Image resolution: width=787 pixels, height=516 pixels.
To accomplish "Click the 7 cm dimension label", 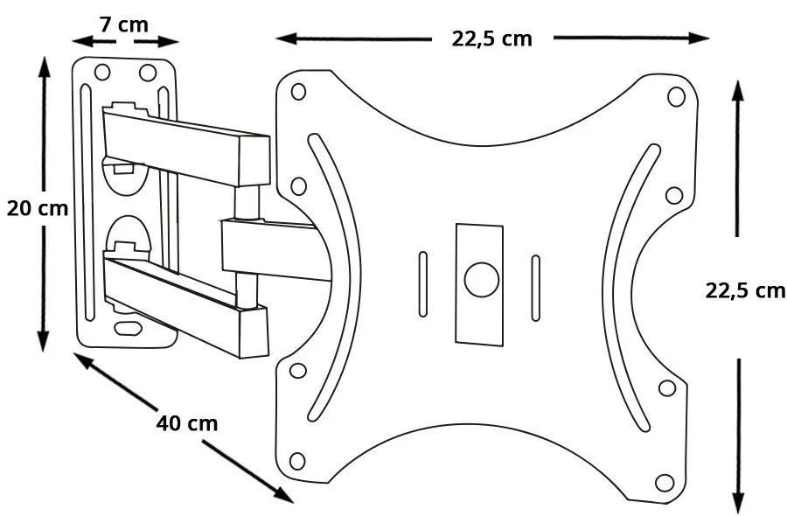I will (123, 24).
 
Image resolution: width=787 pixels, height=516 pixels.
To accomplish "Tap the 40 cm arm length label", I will (186, 423).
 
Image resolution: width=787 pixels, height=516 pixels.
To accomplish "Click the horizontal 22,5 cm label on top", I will (491, 38).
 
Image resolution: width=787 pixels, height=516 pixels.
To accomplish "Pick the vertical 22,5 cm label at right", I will (745, 291).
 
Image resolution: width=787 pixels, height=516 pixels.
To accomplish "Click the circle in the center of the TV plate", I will (480, 279).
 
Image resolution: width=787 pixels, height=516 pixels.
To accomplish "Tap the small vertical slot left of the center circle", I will (423, 284).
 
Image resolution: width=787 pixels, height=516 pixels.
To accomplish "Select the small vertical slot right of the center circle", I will (536, 284).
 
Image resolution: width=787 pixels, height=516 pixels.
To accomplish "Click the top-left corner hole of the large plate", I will (298, 91).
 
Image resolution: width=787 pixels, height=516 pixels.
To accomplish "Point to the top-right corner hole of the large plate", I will (676, 95).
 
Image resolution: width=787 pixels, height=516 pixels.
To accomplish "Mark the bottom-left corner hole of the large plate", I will (297, 460).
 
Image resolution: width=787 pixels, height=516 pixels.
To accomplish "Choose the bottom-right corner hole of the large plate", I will (664, 482).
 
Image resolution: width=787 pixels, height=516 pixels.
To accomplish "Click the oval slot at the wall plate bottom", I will (129, 329).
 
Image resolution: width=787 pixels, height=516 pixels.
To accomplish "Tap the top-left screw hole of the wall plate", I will (102, 73).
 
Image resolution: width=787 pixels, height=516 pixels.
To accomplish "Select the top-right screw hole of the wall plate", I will (147, 73).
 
